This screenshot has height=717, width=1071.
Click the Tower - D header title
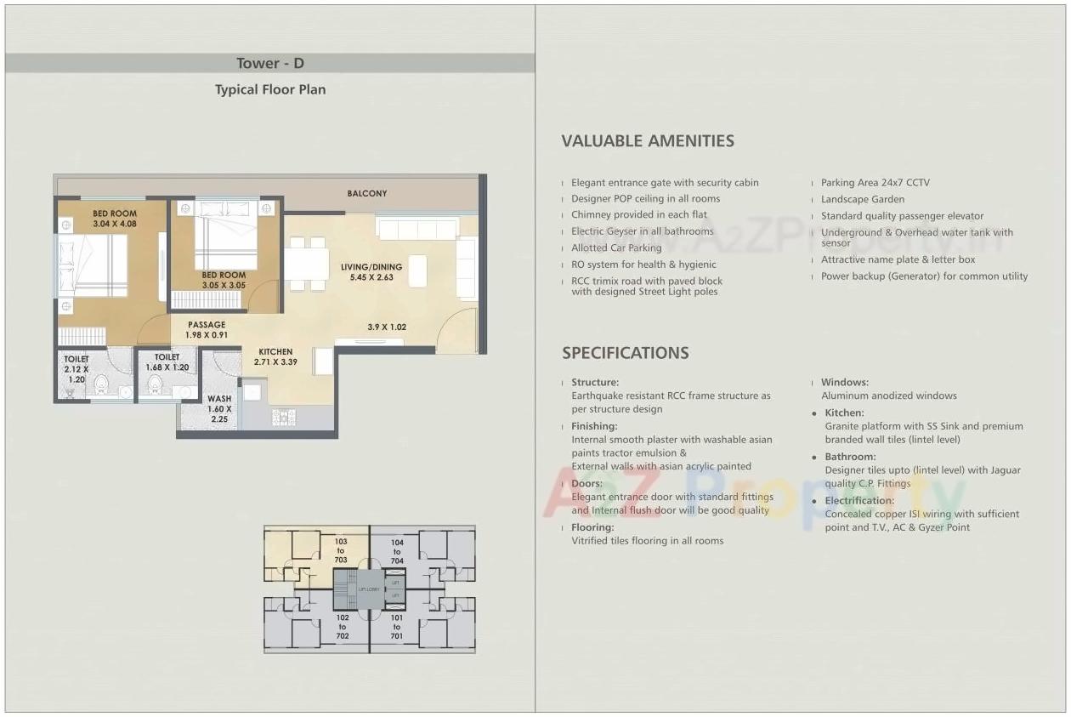click(269, 64)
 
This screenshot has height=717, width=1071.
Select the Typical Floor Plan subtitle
click(269, 89)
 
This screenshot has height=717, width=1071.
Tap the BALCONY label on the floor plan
click(366, 194)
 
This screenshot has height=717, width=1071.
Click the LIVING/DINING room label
click(371, 267)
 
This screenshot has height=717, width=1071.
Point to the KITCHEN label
click(275, 351)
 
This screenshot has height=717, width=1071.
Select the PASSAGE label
click(207, 325)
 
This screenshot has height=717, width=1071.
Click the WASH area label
click(218, 398)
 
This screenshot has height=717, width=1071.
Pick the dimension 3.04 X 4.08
click(115, 224)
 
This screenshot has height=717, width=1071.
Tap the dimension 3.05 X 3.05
click(224, 286)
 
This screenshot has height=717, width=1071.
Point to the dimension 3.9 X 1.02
click(387, 327)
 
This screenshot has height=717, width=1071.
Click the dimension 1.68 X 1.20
click(167, 367)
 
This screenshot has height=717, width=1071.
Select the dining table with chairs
click(306, 265)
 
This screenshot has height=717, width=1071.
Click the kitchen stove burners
click(283, 417)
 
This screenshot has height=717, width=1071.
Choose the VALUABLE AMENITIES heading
click(647, 141)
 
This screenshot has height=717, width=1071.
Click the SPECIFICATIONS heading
click(625, 353)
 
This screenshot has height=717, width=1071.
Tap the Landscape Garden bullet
click(862, 199)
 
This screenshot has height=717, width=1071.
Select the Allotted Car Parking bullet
click(615, 248)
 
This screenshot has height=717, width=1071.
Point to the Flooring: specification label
click(592, 527)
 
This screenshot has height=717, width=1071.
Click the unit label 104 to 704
click(397, 551)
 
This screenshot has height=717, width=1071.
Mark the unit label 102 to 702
click(342, 627)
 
